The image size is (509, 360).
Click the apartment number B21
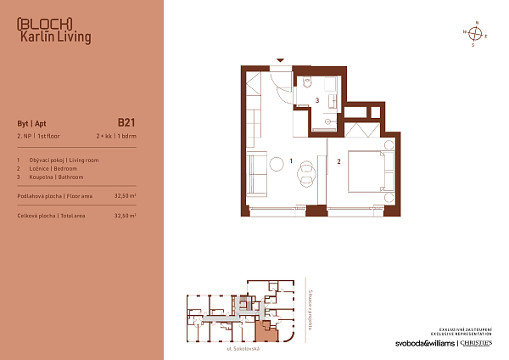127,121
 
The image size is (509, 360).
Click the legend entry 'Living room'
81,158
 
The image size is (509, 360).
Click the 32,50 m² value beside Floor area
125,195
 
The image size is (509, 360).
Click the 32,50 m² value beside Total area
125,216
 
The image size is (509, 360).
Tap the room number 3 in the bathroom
316,100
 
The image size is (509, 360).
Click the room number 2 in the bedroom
338,160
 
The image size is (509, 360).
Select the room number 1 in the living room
290,160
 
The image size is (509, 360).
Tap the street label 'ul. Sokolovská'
243,349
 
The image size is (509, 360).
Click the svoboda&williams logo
424,343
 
